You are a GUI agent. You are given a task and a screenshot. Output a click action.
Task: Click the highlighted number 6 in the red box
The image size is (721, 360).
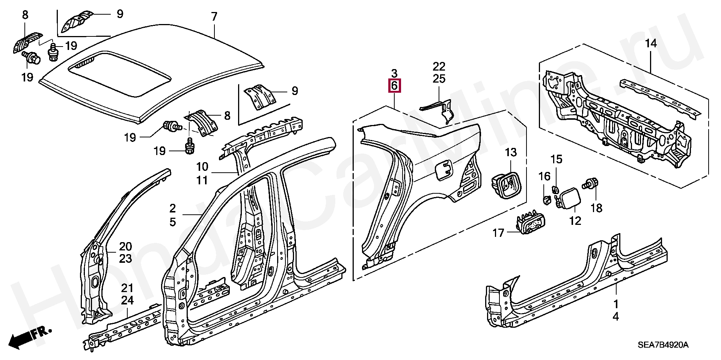(x=394, y=86)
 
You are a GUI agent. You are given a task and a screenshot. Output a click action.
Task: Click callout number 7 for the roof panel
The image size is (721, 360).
(x=214, y=17)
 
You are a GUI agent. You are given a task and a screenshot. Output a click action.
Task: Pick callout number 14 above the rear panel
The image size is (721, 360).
(x=651, y=44)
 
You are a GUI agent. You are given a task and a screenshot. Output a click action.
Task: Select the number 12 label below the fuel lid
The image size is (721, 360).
(x=575, y=220)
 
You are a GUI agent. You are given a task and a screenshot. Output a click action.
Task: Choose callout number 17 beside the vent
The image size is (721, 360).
(x=498, y=233)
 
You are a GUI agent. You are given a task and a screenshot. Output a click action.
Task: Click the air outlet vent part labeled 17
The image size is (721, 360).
(x=529, y=226)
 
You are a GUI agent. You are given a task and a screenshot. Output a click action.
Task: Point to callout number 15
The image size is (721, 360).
(x=557, y=159)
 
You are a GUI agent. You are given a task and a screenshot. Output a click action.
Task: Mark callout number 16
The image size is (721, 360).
(x=544, y=176)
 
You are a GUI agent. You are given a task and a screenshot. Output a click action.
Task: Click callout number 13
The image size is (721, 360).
(x=511, y=152)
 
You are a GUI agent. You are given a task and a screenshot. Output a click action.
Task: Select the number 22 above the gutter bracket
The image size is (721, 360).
(x=439, y=67)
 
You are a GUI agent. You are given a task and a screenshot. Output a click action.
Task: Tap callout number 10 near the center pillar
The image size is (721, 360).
(x=202, y=166)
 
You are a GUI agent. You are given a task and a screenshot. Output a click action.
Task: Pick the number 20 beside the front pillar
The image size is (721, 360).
(x=125, y=247)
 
